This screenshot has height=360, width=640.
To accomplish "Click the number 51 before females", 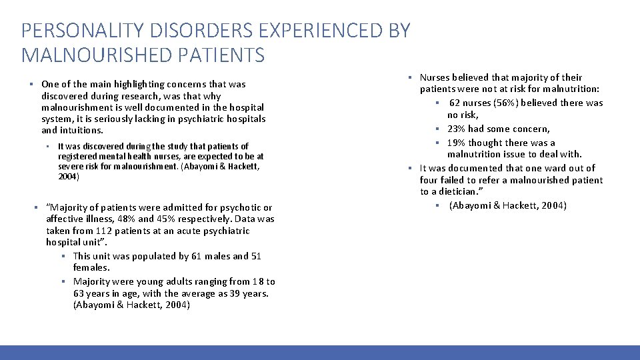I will (x=256, y=256).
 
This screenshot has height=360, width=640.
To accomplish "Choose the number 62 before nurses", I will (x=455, y=103).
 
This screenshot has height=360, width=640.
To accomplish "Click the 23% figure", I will (x=457, y=129).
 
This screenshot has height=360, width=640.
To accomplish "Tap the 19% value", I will (x=457, y=143).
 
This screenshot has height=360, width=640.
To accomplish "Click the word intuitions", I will (x=81, y=131).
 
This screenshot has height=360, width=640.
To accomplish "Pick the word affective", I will (x=66, y=219).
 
